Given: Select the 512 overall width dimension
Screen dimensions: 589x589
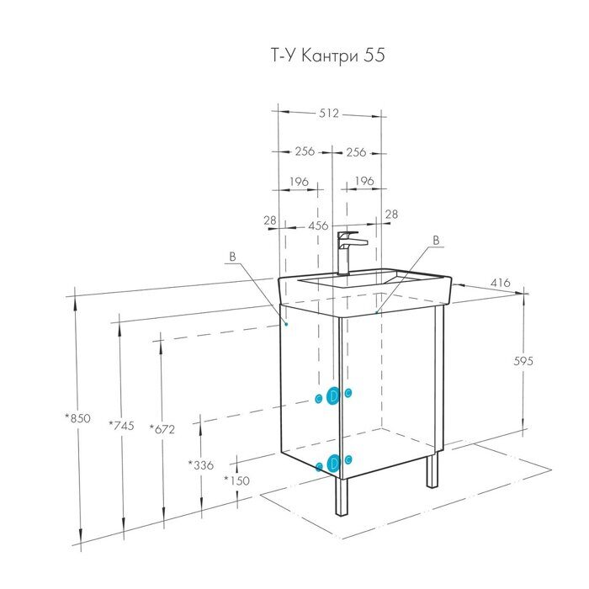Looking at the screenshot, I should [x=329, y=114].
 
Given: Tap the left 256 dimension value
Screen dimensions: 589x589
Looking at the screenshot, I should [x=304, y=152].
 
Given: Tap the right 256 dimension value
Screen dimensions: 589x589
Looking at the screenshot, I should [x=356, y=152].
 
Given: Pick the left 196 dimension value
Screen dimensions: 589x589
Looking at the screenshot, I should [x=299, y=182].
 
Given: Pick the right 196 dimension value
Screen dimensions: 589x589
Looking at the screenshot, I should [x=363, y=182].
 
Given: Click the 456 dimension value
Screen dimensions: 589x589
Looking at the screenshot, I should [x=318, y=226].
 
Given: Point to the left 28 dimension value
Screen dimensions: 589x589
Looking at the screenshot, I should [x=270, y=220].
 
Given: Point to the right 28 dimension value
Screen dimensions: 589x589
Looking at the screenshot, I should [x=390, y=215].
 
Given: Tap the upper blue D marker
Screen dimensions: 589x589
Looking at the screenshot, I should [x=333, y=395].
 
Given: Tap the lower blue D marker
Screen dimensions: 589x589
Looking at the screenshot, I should [x=333, y=462].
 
